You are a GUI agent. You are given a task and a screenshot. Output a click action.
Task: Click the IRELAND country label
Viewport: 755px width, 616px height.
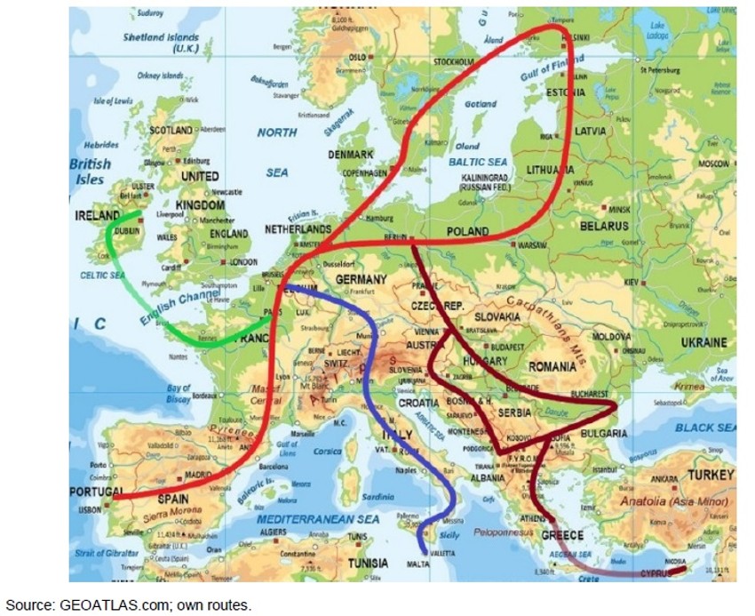click(98, 216)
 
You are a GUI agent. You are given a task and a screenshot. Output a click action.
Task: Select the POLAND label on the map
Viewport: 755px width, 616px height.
click(467, 231)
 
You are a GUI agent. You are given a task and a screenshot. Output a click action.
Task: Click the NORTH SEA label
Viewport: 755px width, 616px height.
click(277, 152)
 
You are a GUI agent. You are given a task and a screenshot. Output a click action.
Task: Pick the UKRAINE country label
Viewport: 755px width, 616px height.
click(703, 342)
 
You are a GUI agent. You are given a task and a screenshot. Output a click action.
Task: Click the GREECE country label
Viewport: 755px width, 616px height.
click(561, 535)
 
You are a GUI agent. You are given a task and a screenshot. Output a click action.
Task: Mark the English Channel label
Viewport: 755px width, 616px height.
click(176, 299)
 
